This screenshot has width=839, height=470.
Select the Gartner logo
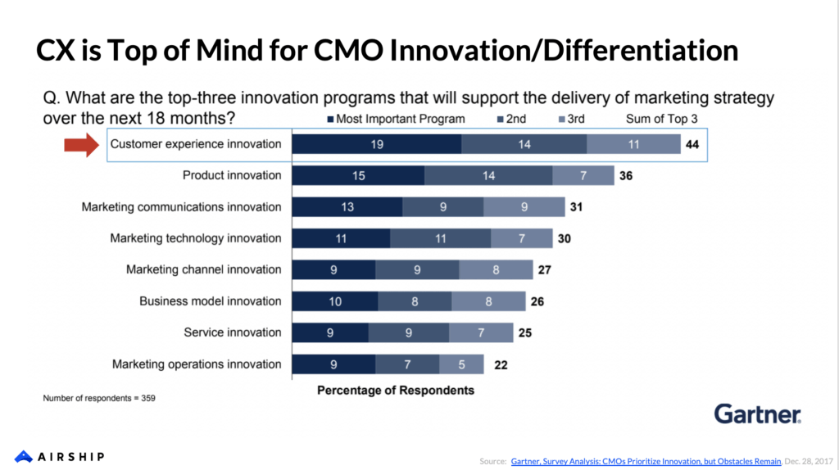tap(758, 414)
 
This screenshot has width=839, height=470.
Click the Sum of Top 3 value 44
tap(693, 144)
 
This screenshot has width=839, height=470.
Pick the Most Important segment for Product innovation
tap(358, 175)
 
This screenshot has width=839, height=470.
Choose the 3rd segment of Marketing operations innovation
tap(461, 364)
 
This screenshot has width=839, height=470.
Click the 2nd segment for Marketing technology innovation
tap(440, 238)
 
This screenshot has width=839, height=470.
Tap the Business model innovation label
tap(210, 301)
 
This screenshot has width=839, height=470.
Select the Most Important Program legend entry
tap(395, 119)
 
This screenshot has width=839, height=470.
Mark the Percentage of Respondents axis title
tap(396, 391)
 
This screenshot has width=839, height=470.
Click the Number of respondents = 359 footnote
tap(99, 399)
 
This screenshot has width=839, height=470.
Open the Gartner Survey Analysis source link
tap(646, 462)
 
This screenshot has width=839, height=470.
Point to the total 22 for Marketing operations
tap(501, 364)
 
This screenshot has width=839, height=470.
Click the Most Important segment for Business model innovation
tap(335, 301)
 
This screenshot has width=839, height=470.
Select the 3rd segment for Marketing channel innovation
tap(494, 269)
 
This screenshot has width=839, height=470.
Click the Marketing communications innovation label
tap(181, 207)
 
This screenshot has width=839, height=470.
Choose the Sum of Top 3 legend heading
tap(661, 119)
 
